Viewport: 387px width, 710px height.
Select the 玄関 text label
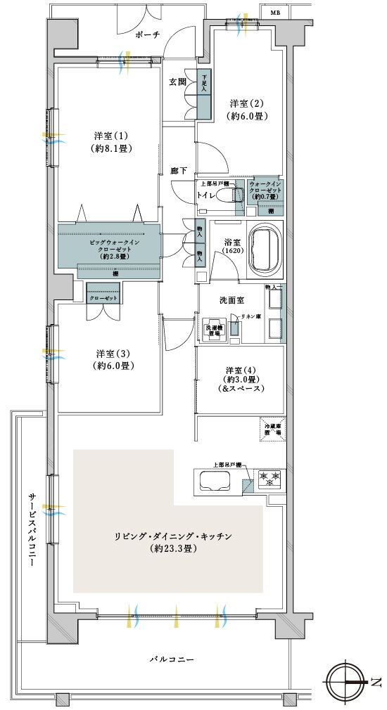pyautogui.click(x=177, y=82)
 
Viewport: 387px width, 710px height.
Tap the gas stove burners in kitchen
pyautogui.click(x=271, y=479)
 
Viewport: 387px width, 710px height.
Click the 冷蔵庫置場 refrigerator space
pyautogui.click(x=273, y=430)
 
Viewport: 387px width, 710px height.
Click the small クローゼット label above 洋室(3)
pyautogui.click(x=104, y=298)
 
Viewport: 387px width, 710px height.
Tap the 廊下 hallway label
pyautogui.click(x=179, y=171)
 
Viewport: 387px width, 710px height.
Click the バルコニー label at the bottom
pyautogui.click(x=172, y=659)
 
